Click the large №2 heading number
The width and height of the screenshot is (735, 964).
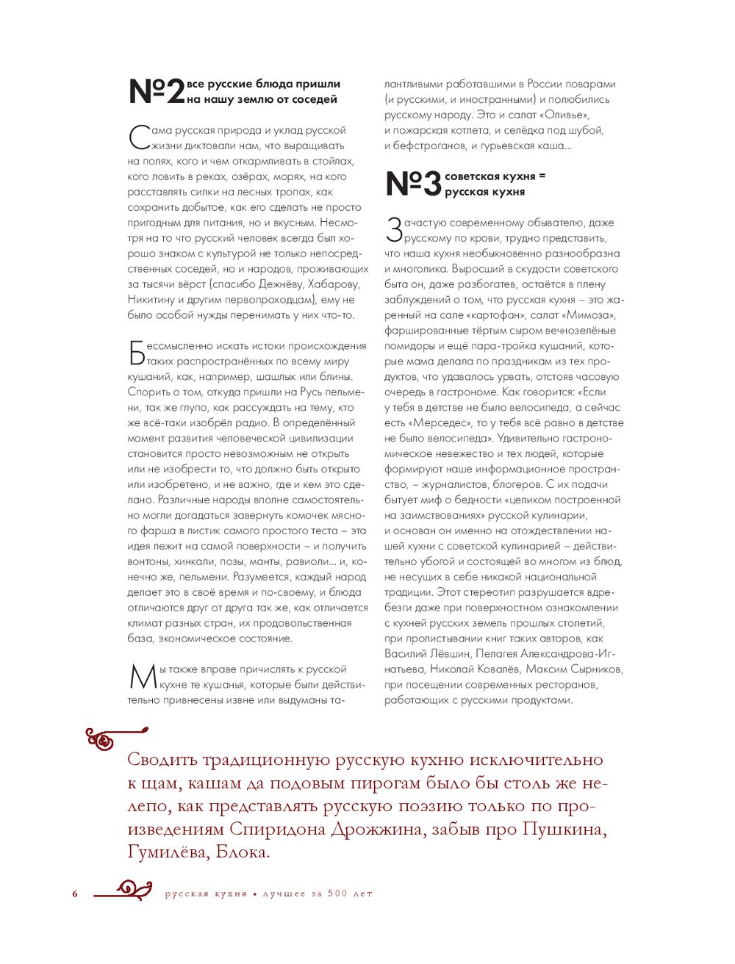point(157,92)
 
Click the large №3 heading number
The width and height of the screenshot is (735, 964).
point(413,184)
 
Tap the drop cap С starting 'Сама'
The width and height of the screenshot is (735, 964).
point(139,137)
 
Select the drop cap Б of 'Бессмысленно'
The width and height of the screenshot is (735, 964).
point(137,353)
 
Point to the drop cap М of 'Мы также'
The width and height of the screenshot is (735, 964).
point(143,677)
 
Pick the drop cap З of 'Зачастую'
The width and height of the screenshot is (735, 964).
point(394,230)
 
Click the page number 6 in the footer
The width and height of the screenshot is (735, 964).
point(75,894)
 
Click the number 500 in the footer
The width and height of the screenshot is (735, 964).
point(337,894)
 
